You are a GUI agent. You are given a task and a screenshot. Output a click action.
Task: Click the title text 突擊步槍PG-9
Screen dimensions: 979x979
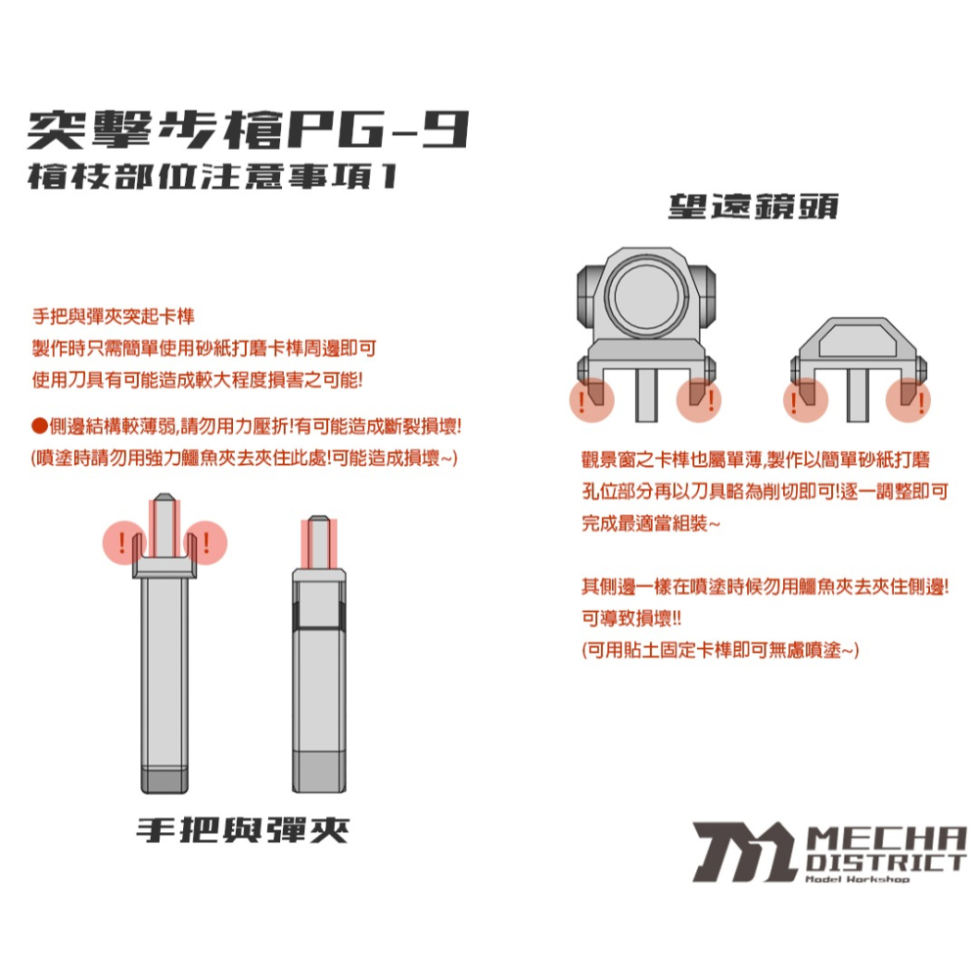tap(250, 128)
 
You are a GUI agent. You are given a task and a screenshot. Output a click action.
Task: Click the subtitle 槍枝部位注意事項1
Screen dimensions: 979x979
tap(210, 178)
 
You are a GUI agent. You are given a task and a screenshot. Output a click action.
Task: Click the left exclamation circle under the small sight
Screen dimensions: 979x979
tap(806, 400)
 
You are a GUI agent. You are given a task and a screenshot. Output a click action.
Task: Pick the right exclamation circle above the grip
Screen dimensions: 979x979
tap(206, 541)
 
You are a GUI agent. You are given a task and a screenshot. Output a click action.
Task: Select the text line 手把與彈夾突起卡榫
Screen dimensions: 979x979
tap(114, 318)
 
